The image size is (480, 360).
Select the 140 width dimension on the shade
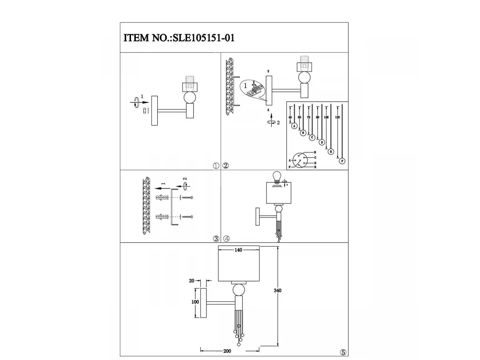tap(238, 250)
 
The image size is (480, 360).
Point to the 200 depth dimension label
tap(227, 351)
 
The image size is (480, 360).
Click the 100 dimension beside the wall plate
tap(195, 302)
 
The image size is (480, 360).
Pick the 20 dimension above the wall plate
tap(192, 281)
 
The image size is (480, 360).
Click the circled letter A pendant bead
tap(294, 126)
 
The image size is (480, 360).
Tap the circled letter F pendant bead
tap(342, 161)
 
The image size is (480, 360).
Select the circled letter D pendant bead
tap(322, 142)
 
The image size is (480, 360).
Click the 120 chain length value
tap(337, 118)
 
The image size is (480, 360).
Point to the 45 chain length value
tap(291, 117)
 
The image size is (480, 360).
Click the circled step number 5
tap(343, 352)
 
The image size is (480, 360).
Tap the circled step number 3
tap(216, 239)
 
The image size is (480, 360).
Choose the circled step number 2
tap(226, 166)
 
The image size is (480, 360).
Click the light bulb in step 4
tap(276, 177)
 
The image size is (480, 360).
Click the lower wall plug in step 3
tap(160, 217)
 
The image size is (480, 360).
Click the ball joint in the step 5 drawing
tap(239, 289)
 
